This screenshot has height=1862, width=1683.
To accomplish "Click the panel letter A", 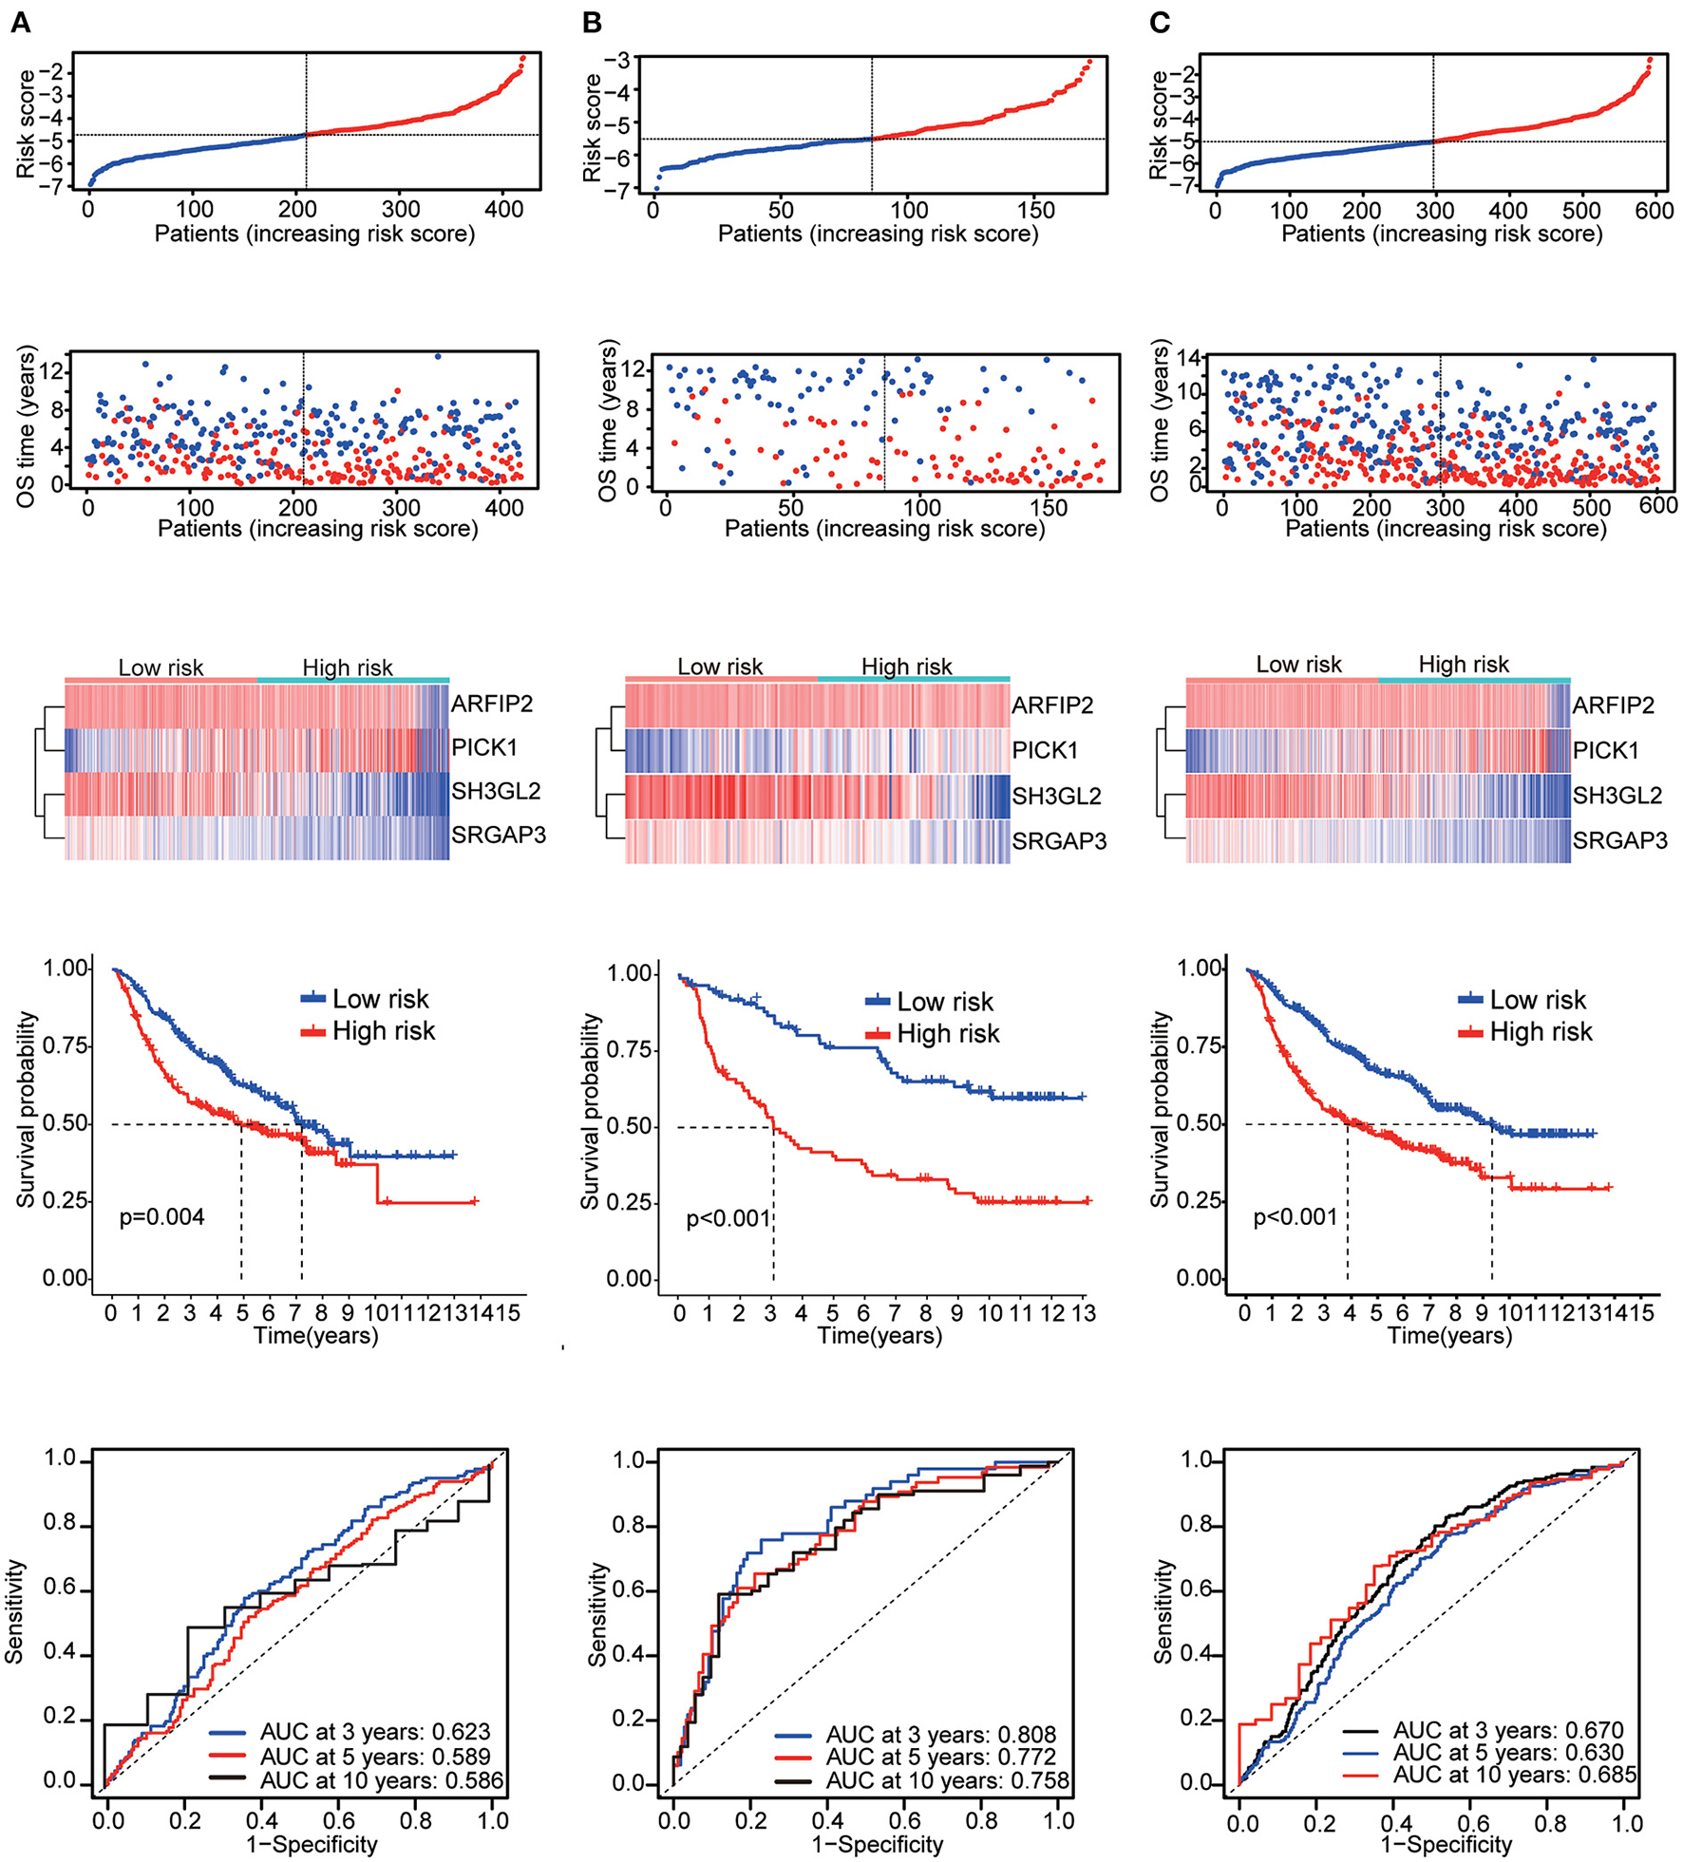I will click(20, 22).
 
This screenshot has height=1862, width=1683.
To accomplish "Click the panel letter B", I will click(592, 22).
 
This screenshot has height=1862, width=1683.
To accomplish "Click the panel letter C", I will click(1160, 22).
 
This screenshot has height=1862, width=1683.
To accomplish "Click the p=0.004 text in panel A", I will click(161, 1216).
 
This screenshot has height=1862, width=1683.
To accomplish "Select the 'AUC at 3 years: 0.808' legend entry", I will click(940, 1735).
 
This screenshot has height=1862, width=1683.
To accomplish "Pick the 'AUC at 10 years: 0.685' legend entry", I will click(1515, 1774).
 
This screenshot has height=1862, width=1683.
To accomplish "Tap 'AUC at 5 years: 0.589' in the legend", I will click(375, 1756).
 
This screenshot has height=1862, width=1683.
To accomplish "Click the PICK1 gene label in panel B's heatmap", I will click(1045, 750).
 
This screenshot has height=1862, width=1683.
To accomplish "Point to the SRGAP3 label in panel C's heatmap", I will click(1619, 840).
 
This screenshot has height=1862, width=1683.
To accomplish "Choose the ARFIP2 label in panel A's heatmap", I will click(491, 704).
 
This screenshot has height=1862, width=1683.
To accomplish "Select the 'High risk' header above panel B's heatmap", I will click(906, 667).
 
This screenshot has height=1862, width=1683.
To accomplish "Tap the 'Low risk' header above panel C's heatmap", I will click(1298, 665).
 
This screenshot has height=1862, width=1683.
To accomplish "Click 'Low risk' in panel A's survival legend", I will click(380, 999).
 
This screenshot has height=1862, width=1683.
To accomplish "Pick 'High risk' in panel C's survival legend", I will click(1541, 1031).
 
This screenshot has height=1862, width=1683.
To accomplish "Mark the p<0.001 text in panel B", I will click(728, 1218).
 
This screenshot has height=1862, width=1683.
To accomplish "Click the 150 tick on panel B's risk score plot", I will click(1035, 210).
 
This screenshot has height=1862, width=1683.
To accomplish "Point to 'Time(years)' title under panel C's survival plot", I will click(1449, 1335).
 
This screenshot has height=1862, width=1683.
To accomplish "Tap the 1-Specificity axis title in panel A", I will click(312, 1844).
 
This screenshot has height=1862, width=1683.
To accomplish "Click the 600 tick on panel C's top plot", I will click(1654, 210).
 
